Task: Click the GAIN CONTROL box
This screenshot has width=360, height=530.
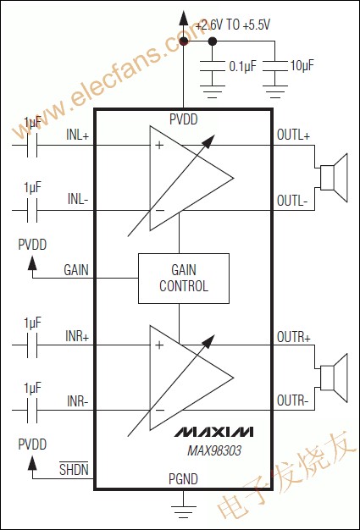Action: point(183,278)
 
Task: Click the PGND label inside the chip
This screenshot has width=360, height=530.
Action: point(183,479)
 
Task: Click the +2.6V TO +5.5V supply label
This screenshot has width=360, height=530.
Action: point(232,25)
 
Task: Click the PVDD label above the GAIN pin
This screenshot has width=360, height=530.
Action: point(32,245)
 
